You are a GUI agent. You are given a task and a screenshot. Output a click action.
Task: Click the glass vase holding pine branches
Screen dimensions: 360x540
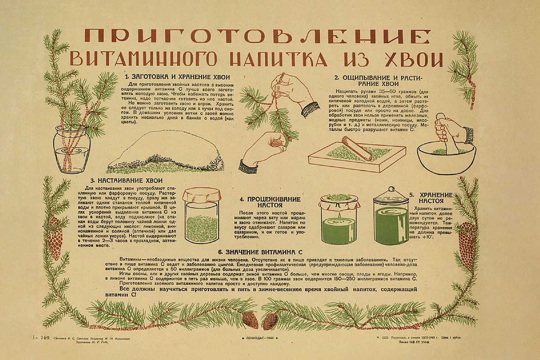tap(72, 149)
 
